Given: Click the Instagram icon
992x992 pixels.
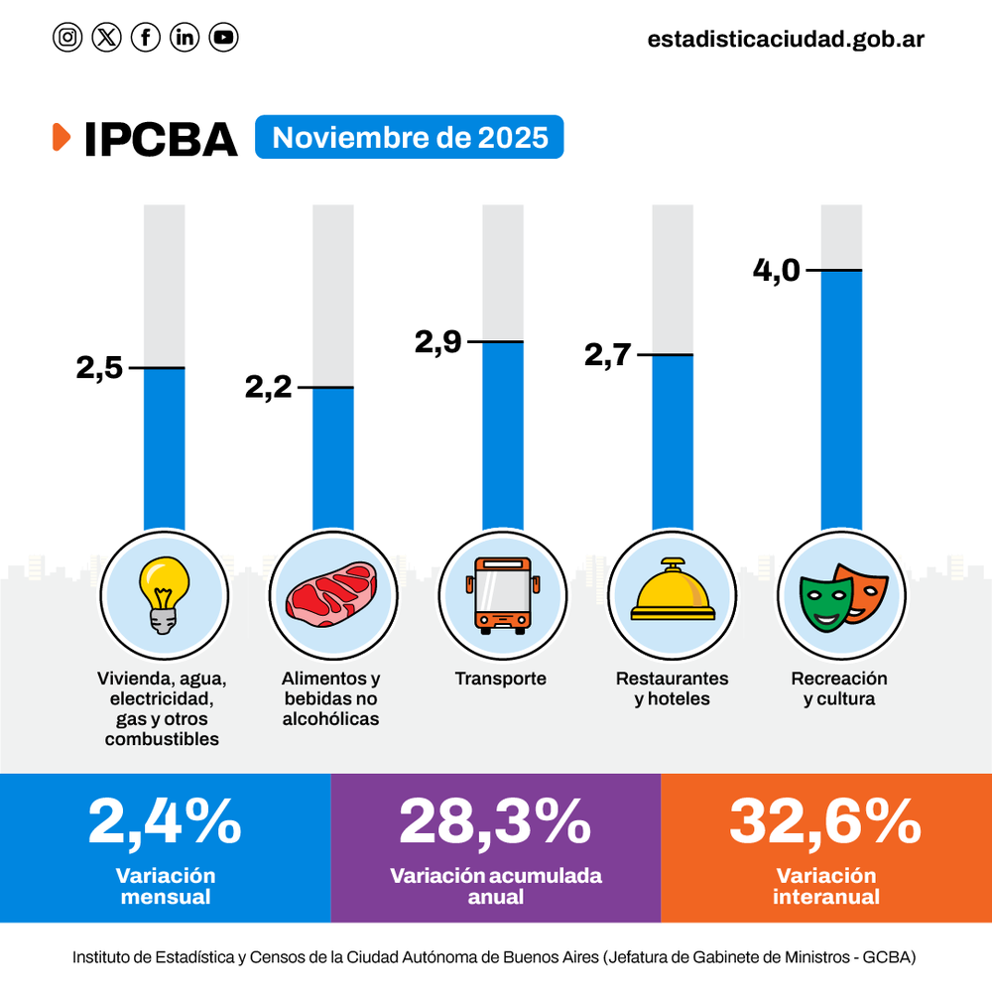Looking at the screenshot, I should coord(67,38).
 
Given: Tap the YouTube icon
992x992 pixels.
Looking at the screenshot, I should coord(223,38).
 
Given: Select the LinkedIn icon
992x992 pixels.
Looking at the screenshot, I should coord(185,38).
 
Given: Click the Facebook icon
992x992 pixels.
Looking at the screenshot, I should coord(146,38).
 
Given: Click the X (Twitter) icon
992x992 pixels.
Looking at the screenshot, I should coord(106,38).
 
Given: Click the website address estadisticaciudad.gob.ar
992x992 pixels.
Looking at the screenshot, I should coord(786,39).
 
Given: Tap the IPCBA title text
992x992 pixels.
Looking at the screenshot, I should coord(161,140).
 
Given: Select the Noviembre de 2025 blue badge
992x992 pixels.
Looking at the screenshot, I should coord(409,137).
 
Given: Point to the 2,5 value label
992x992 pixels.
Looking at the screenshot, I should coord(99,368).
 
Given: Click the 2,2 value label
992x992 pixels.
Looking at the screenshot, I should coord(269,387).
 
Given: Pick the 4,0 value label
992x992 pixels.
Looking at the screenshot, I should coord(776,270).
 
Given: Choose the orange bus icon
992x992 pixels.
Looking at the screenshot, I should coord(502,595).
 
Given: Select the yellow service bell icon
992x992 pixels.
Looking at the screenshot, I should coord(672,591).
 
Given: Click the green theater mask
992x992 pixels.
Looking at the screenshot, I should coord(825,601).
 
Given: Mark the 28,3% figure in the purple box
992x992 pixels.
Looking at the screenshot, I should coord(495,822).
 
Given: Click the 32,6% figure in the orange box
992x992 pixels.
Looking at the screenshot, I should coord(825,822).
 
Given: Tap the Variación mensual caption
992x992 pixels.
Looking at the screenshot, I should coord(165,886).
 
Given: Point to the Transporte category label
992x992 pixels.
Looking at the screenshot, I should coord(501,680).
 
